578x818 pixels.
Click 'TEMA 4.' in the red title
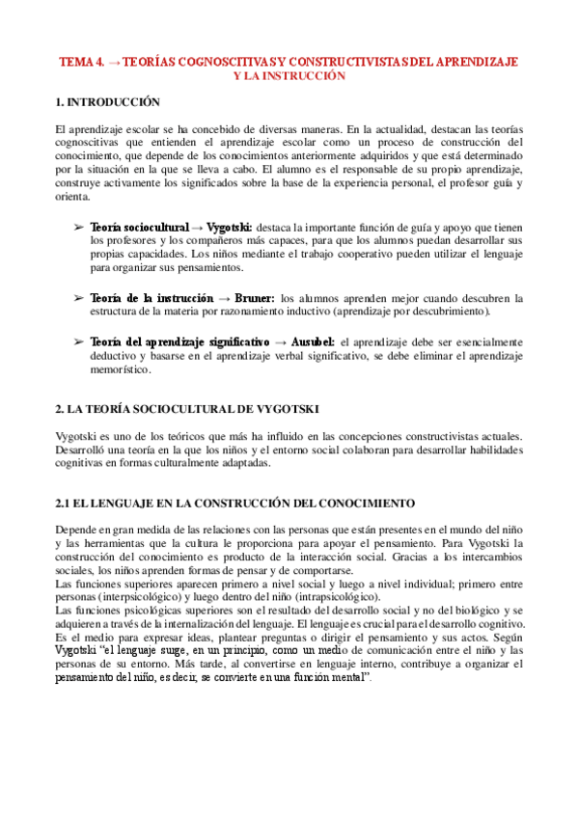click(81, 61)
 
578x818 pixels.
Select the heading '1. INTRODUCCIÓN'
click(108, 101)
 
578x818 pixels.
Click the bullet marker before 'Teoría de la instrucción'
click(78, 298)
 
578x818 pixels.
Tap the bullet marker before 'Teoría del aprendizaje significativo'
click(78, 342)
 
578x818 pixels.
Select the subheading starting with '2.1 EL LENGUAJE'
click(235, 503)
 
